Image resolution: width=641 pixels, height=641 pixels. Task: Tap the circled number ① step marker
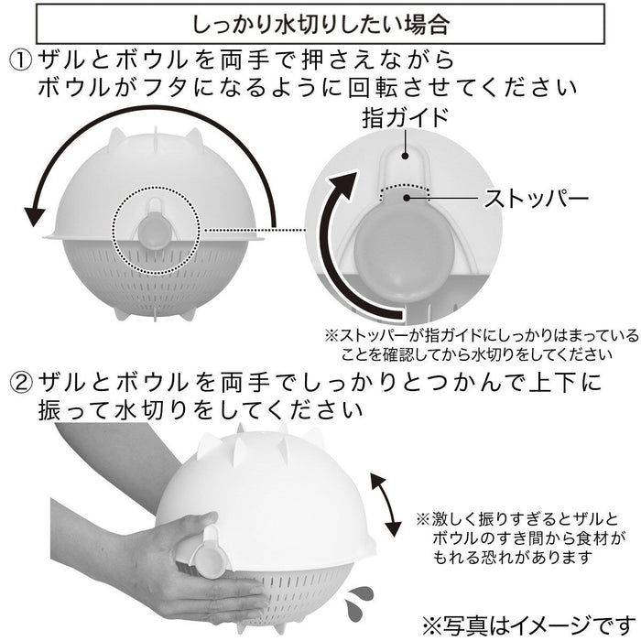(21, 60)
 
